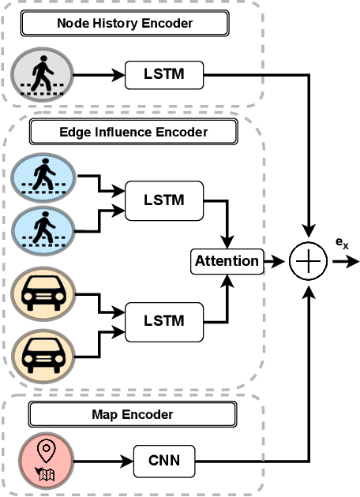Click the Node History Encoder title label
124,24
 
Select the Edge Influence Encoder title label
133,131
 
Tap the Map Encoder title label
132,413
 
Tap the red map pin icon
46,460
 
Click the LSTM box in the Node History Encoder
164,77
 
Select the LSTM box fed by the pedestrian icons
164,200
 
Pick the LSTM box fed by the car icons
164,320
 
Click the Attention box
226,260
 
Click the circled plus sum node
308,261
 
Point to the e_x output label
341,244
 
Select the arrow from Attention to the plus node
275,261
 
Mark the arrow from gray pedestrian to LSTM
99,77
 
